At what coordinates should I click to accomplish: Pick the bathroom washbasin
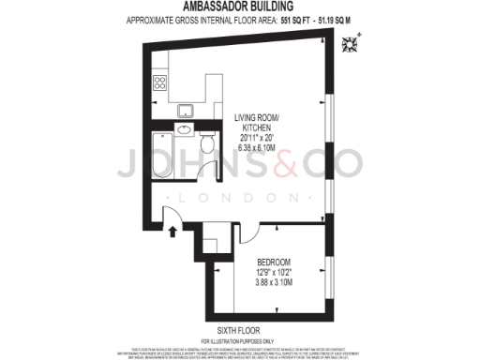(x=183, y=131)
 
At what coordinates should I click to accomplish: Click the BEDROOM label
(x=275, y=262)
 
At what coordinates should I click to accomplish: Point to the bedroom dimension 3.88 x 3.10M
(x=275, y=283)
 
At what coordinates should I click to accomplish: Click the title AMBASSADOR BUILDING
(x=239, y=6)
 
